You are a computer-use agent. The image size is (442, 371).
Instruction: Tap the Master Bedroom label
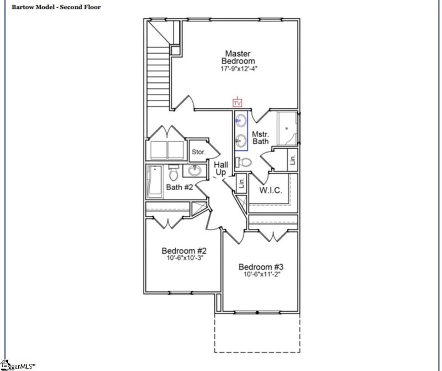point(238,56)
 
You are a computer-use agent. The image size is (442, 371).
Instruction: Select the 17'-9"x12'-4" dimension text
point(238,69)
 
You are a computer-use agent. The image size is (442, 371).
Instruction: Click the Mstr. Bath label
point(260,138)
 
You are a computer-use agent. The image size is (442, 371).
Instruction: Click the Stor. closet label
point(198,152)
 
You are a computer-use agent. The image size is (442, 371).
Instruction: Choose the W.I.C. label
point(271,190)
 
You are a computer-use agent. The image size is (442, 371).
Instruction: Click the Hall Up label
point(221,169)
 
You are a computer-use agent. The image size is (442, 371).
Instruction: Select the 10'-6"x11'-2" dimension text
point(260,275)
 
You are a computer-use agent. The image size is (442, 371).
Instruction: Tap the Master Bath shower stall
point(287,128)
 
